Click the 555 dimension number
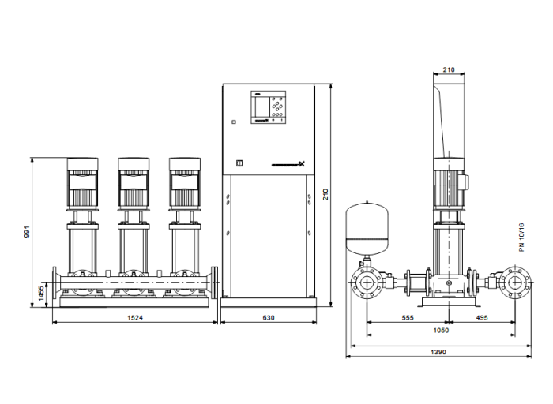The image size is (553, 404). (x=408, y=318)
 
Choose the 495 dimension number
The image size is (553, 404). (x=482, y=318)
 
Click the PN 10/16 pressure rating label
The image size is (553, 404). (x=544, y=236)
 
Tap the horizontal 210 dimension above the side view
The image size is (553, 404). (x=449, y=70)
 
